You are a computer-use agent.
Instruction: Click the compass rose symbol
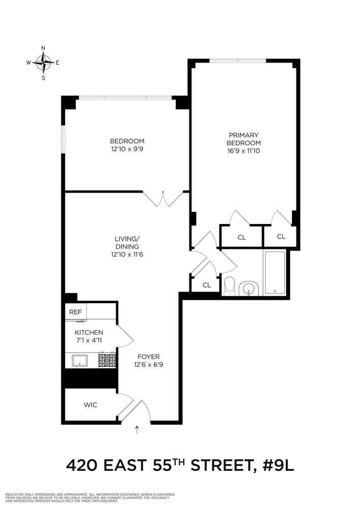click(x=43, y=63)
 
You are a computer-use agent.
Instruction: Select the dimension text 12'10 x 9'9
click(x=127, y=150)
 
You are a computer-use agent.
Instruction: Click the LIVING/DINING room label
click(x=127, y=242)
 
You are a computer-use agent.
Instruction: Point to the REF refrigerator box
click(x=76, y=312)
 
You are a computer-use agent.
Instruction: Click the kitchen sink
click(x=79, y=361)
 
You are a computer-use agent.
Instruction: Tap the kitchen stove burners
click(x=107, y=360)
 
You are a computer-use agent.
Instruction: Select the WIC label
click(x=90, y=405)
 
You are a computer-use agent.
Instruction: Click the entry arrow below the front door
click(x=136, y=431)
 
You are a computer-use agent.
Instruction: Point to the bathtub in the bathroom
click(x=275, y=272)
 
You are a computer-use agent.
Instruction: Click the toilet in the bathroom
click(x=228, y=285)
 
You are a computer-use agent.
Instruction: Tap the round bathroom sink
click(x=249, y=289)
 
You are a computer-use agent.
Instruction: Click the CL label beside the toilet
click(x=206, y=285)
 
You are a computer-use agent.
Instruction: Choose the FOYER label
click(x=147, y=357)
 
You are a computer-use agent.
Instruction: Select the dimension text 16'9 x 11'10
click(x=244, y=150)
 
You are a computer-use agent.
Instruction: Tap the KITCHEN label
click(x=89, y=332)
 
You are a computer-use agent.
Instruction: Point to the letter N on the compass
click(x=43, y=48)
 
